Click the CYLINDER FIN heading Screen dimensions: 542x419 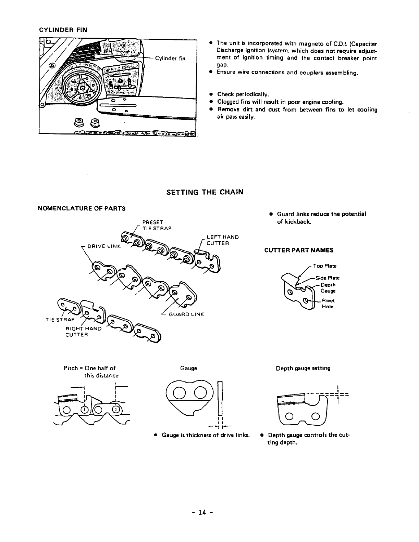(x=63, y=30)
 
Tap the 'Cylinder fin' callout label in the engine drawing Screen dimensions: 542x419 (x=170, y=59)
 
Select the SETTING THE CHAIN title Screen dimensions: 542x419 (x=205, y=192)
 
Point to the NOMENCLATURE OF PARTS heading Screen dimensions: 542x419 (x=82, y=208)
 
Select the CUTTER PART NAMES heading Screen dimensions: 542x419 (x=299, y=250)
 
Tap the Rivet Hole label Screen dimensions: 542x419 (x=328, y=304)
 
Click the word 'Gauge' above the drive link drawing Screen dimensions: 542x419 (x=188, y=368)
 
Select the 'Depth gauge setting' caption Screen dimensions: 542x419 (x=303, y=368)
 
